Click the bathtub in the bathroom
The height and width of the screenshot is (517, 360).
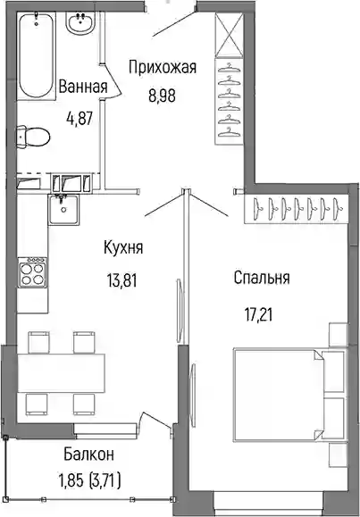36,55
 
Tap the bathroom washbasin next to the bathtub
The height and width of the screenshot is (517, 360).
80,22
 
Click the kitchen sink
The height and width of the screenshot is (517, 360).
63,209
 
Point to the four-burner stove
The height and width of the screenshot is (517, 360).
32,272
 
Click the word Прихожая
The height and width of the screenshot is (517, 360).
163,68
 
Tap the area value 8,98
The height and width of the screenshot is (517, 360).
162,96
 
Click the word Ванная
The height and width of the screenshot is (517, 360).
83,87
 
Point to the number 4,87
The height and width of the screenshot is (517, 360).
80,119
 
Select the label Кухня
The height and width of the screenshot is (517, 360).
123,248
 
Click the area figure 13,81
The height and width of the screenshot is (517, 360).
121,281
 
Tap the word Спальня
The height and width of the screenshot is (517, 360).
262,278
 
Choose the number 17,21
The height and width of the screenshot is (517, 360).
259,315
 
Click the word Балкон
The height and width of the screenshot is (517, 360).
88,454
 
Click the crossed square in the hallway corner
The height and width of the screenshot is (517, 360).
229,35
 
